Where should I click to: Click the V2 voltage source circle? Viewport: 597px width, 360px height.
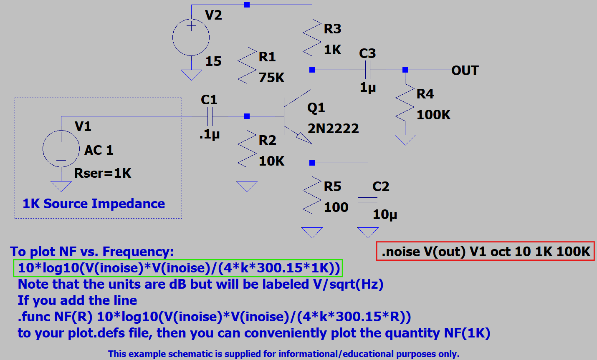tap(191, 37)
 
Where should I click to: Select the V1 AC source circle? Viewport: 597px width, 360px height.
tap(61, 149)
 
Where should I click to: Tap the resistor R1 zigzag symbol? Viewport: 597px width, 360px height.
tap(247, 65)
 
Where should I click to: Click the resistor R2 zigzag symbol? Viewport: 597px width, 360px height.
tap(247, 148)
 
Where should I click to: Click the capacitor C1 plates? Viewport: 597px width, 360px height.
tap(210, 116)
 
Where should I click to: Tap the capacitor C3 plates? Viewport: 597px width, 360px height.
tap(367, 70)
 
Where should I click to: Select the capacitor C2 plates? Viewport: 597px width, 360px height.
tap(368, 200)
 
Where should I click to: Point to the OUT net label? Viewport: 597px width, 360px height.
tap(465, 70)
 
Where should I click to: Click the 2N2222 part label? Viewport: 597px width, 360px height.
tap(333, 128)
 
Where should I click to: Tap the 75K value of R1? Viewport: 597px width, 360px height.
tap(271, 78)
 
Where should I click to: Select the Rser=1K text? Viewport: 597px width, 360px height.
tap(103, 173)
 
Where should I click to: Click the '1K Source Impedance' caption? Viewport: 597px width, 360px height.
tap(94, 204)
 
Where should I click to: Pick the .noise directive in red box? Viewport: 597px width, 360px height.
tap(486, 251)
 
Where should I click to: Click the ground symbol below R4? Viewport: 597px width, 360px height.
tap(405, 140)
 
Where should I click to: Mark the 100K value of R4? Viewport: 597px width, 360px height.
tap(433, 115)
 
